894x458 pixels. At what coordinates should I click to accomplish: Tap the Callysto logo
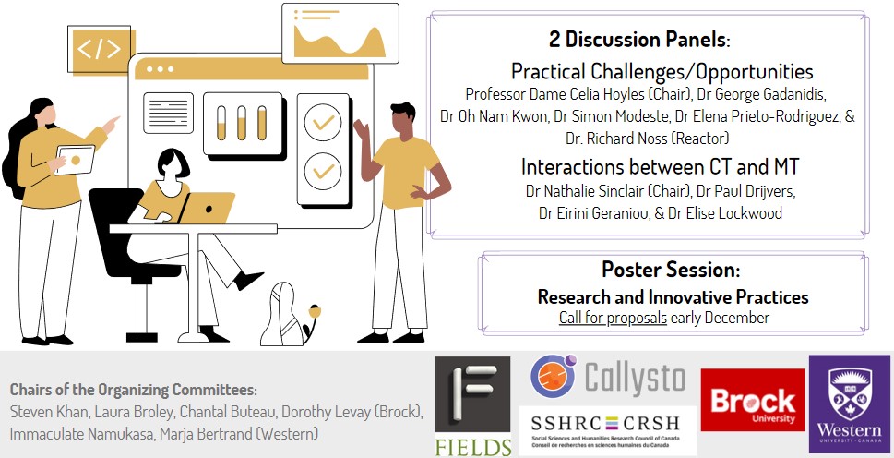(x=607, y=378)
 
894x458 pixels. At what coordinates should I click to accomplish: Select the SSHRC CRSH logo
(x=607, y=428)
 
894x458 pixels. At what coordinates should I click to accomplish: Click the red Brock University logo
(x=752, y=400)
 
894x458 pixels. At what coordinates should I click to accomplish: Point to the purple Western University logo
(x=849, y=404)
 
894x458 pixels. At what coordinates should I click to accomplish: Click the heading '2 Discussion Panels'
(x=638, y=41)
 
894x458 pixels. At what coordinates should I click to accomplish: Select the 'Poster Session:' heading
(x=670, y=270)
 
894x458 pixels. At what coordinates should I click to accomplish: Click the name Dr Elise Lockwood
(x=730, y=213)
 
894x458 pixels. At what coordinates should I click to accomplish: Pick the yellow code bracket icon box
(x=99, y=50)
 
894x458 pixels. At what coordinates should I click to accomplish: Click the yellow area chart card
(x=340, y=34)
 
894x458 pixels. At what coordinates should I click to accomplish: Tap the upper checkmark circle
(x=323, y=122)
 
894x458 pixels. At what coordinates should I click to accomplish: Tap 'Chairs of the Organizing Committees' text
(x=133, y=389)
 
